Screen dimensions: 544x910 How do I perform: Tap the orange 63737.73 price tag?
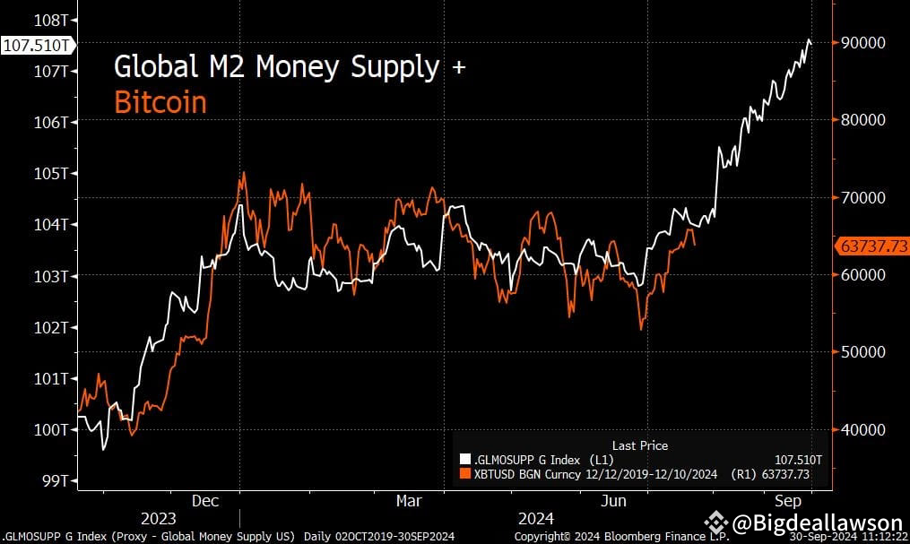tap(871, 245)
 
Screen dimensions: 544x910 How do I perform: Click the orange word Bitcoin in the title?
tap(160, 102)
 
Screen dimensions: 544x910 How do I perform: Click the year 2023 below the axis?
tap(158, 519)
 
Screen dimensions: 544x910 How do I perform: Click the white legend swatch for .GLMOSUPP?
tap(464, 460)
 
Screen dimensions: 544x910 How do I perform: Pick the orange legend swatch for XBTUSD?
tap(464, 474)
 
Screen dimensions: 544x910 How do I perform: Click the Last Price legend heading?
tap(639, 445)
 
